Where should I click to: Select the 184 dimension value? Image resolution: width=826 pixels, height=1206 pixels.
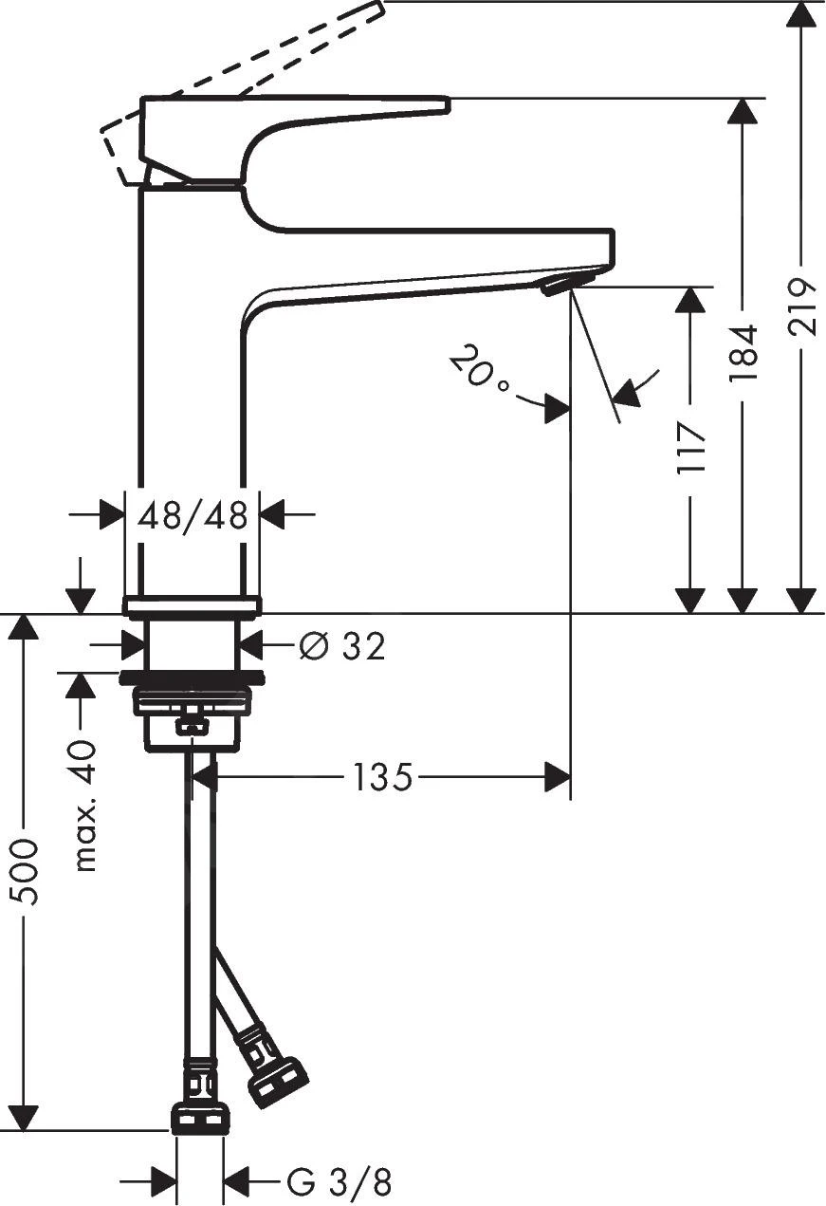(743, 352)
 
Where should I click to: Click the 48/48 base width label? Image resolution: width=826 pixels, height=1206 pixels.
(193, 516)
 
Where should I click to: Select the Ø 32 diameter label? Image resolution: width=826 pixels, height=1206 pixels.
(342, 647)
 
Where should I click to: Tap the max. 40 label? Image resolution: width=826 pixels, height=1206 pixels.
(84, 806)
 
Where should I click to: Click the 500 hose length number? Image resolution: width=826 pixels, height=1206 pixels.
(25, 871)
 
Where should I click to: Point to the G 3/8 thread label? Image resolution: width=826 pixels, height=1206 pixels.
(339, 1182)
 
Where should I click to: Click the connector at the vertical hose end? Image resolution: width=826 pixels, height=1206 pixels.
(199, 1118)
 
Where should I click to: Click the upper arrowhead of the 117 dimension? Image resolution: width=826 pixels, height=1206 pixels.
(690, 300)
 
